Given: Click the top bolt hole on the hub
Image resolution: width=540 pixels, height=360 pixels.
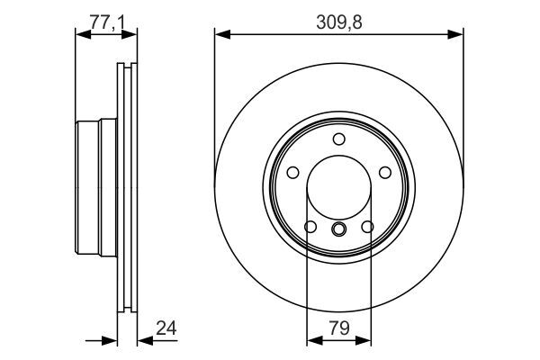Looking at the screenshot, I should click(339, 139).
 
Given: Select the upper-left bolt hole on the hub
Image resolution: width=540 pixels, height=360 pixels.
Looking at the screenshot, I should click(293, 173).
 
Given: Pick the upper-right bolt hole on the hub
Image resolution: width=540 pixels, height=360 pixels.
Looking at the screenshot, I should click(385, 173).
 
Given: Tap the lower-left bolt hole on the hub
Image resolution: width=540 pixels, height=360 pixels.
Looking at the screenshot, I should click(310, 227).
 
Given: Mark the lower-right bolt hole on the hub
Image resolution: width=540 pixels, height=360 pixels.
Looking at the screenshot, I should click(368, 227).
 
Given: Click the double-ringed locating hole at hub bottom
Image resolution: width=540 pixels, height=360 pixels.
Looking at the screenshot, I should click(339, 229).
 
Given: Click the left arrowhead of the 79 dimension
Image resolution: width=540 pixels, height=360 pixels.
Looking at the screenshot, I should click(312, 341).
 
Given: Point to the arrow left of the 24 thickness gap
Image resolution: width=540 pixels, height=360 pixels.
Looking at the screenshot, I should click(110, 341).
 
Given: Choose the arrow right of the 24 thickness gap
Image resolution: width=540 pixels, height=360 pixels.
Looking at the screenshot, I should click(144, 341).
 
